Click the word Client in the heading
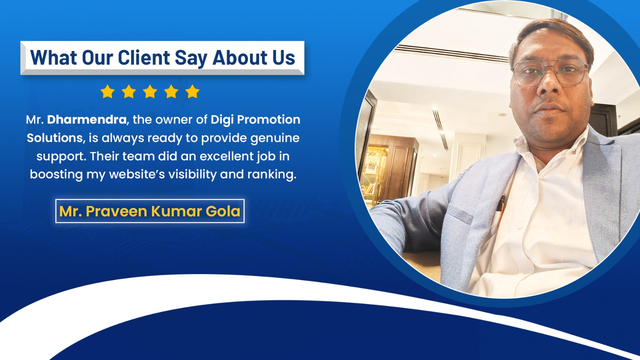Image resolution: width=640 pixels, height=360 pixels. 144,57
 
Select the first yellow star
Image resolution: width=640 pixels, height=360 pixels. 108,92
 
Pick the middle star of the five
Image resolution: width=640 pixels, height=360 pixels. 150,92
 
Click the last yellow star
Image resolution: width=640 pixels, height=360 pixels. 192,92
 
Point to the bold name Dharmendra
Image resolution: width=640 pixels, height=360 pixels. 87,120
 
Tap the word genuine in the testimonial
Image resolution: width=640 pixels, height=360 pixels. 275,138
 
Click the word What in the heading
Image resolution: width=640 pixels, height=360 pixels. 54,57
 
